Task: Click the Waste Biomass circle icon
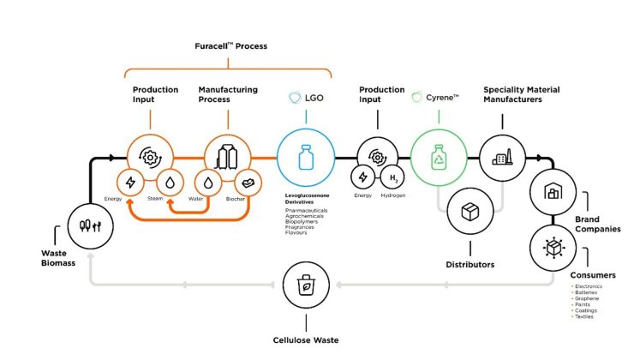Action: tap(90, 227)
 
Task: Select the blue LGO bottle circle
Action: tap(303, 159)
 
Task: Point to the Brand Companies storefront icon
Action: tap(552, 191)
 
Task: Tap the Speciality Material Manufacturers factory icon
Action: tap(501, 159)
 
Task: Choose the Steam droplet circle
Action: tap(170, 182)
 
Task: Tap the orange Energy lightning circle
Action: tap(131, 182)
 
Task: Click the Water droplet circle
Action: tap(208, 182)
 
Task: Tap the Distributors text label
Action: tap(470, 264)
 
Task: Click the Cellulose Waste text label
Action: tap(304, 340)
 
